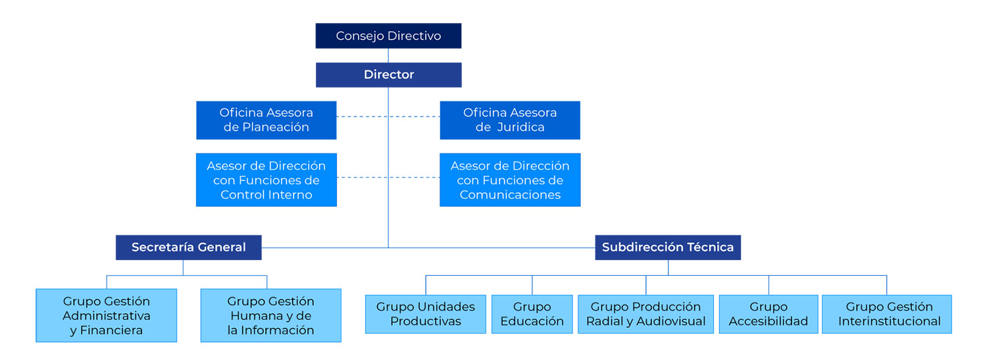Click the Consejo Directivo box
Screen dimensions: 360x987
coord(388,36)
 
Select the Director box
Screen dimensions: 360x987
coord(388,75)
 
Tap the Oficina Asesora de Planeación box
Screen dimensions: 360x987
coord(266,120)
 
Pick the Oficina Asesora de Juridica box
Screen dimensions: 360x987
coord(510,120)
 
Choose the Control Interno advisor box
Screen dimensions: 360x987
coord(266,180)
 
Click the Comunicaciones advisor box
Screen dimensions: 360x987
coord(510,180)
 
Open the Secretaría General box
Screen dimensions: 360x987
coord(188,247)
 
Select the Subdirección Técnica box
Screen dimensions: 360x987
coord(668,247)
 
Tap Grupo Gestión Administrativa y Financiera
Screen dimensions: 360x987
coord(107,315)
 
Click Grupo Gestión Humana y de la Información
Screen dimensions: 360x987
coord(270,315)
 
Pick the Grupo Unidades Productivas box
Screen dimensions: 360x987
coord(425,314)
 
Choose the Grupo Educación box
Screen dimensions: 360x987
coord(532,314)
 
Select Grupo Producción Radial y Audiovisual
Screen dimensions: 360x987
coord(645,314)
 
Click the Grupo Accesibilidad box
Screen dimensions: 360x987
coord(768,314)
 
